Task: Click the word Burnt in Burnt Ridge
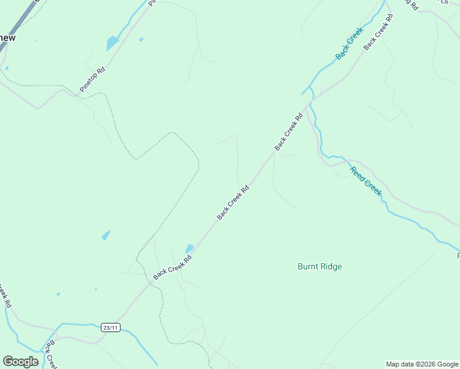click(x=309, y=267)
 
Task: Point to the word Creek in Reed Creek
click(x=373, y=187)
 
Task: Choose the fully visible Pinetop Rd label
click(x=93, y=79)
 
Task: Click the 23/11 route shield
click(x=110, y=328)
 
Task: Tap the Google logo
click(x=21, y=362)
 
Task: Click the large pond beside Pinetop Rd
click(x=112, y=43)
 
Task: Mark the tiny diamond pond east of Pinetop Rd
click(x=141, y=39)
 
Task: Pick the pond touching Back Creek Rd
click(x=189, y=248)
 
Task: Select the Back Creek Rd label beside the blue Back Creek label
click(x=378, y=32)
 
